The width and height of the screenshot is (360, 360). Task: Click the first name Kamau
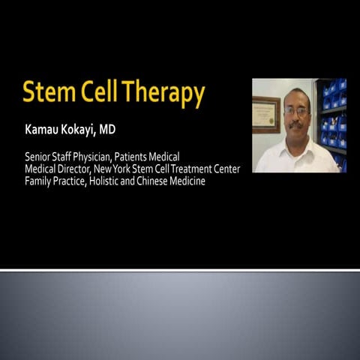coord(42,130)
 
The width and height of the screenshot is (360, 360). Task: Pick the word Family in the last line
coord(37,181)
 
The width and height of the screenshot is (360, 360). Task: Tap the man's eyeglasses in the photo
coord(296,112)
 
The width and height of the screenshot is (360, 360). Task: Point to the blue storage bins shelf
coord(330,124)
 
